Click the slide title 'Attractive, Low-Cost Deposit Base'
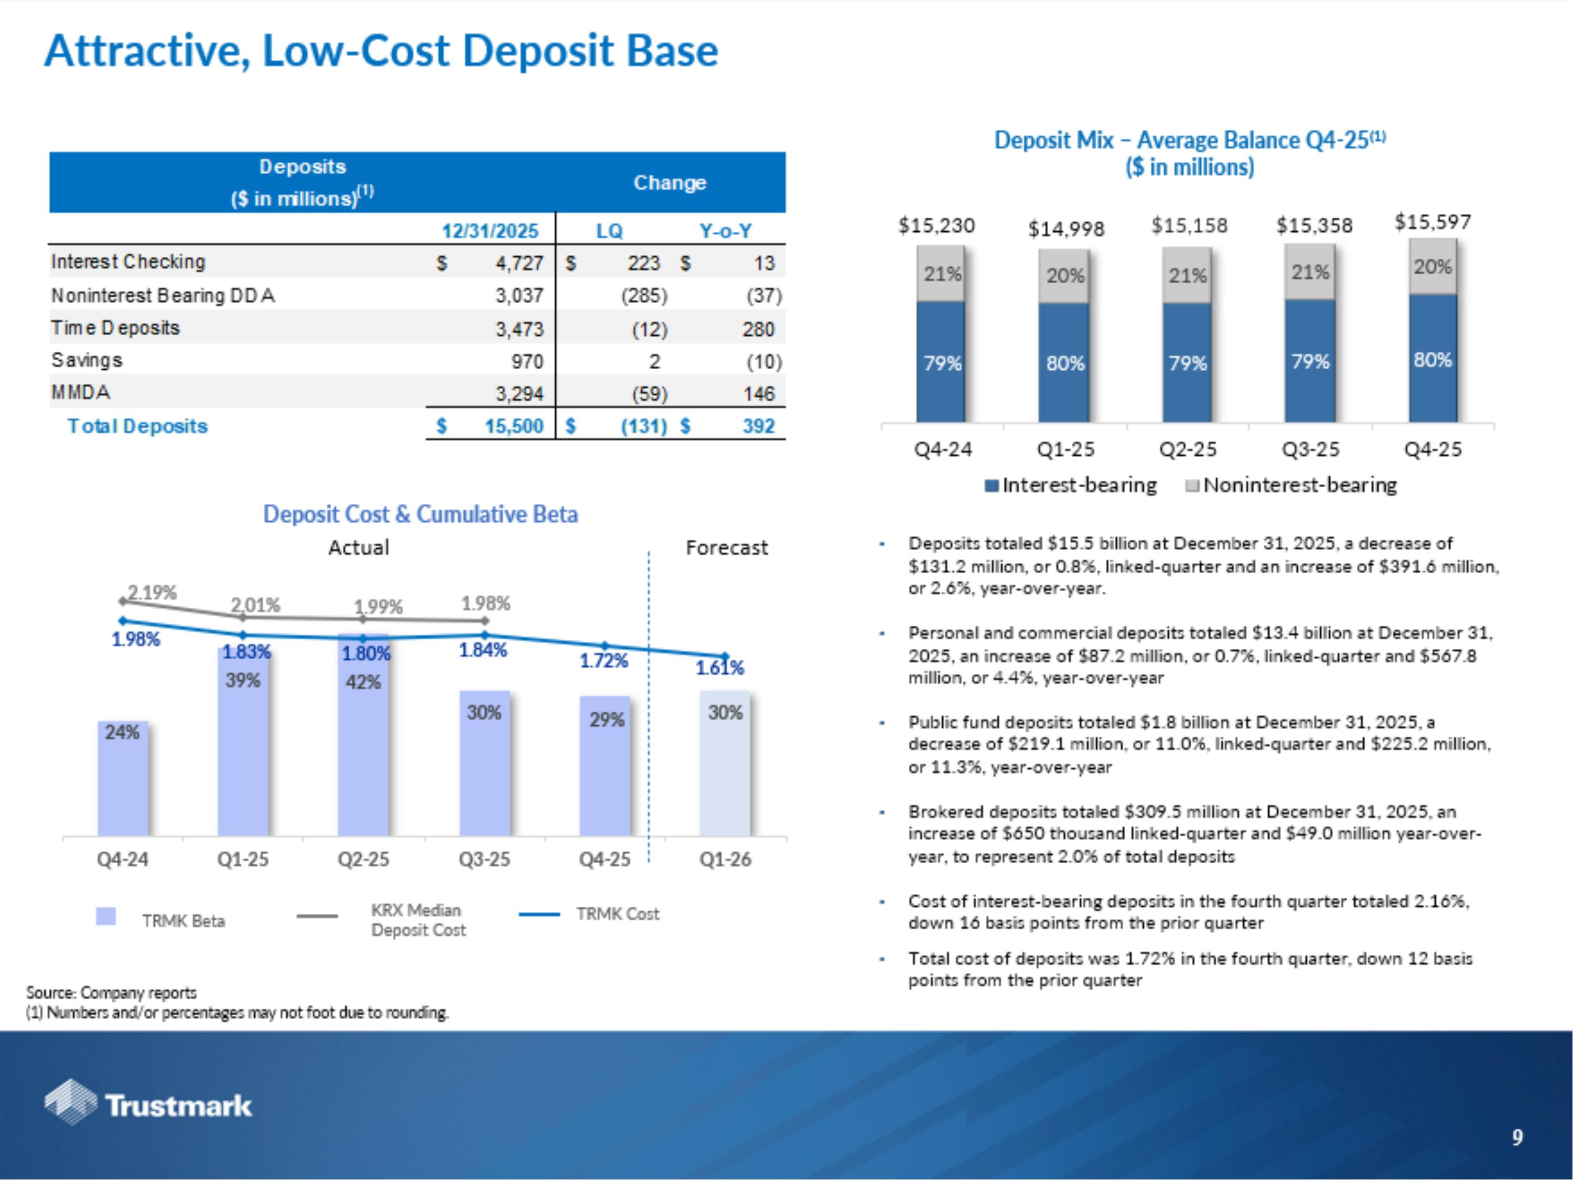point(381,51)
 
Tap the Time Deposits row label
point(115,328)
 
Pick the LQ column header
point(609,231)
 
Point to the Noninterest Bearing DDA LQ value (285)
point(644,296)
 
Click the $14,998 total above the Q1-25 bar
point(1065,229)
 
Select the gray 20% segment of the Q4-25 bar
point(1432,267)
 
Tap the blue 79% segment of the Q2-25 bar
point(1187,363)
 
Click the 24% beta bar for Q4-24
point(122,779)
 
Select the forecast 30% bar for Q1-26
point(725,764)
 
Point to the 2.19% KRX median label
point(152,593)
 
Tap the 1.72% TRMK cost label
point(603,661)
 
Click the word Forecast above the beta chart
point(726,548)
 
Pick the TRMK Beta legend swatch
point(106,916)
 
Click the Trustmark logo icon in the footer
point(70,1102)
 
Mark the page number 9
point(1517,1138)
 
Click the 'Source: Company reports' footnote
point(112,992)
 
